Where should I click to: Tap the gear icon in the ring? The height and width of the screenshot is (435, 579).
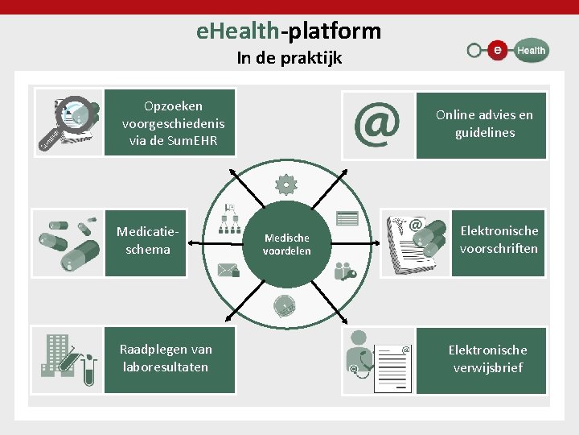(x=286, y=185)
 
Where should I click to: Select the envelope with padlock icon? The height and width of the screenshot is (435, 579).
(x=229, y=269)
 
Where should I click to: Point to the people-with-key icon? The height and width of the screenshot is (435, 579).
(x=345, y=270)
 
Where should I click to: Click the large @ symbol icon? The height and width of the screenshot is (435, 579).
(x=377, y=125)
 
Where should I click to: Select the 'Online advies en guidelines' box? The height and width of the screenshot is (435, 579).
(x=484, y=125)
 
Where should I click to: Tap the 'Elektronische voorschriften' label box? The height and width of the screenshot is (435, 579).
(x=499, y=240)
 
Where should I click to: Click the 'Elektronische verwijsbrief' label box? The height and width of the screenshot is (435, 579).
(x=487, y=359)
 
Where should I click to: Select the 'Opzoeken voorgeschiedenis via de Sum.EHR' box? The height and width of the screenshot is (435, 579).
(x=173, y=122)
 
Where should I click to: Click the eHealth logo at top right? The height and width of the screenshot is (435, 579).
(x=507, y=50)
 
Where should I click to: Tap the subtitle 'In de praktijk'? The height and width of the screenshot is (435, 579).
(x=289, y=58)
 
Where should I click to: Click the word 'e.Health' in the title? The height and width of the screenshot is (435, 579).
(x=238, y=31)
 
